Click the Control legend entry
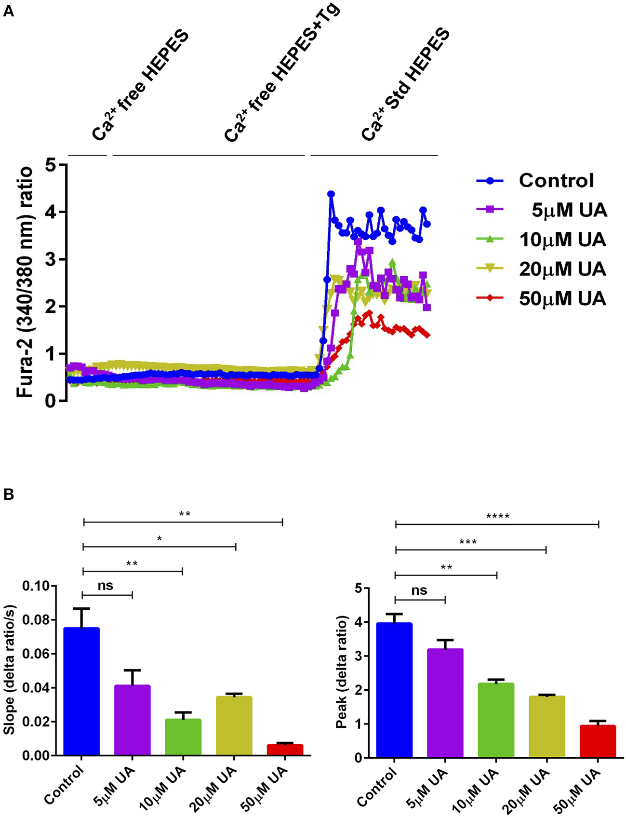556,181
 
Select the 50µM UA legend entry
562,299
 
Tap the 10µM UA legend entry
562,240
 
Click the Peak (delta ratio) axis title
342,672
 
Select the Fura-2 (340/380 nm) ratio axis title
25,281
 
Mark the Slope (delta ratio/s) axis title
10,670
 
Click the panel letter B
8,495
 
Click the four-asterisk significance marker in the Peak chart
498,517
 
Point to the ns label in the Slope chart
106,585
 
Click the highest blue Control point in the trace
331,194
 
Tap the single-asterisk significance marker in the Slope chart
159,539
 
